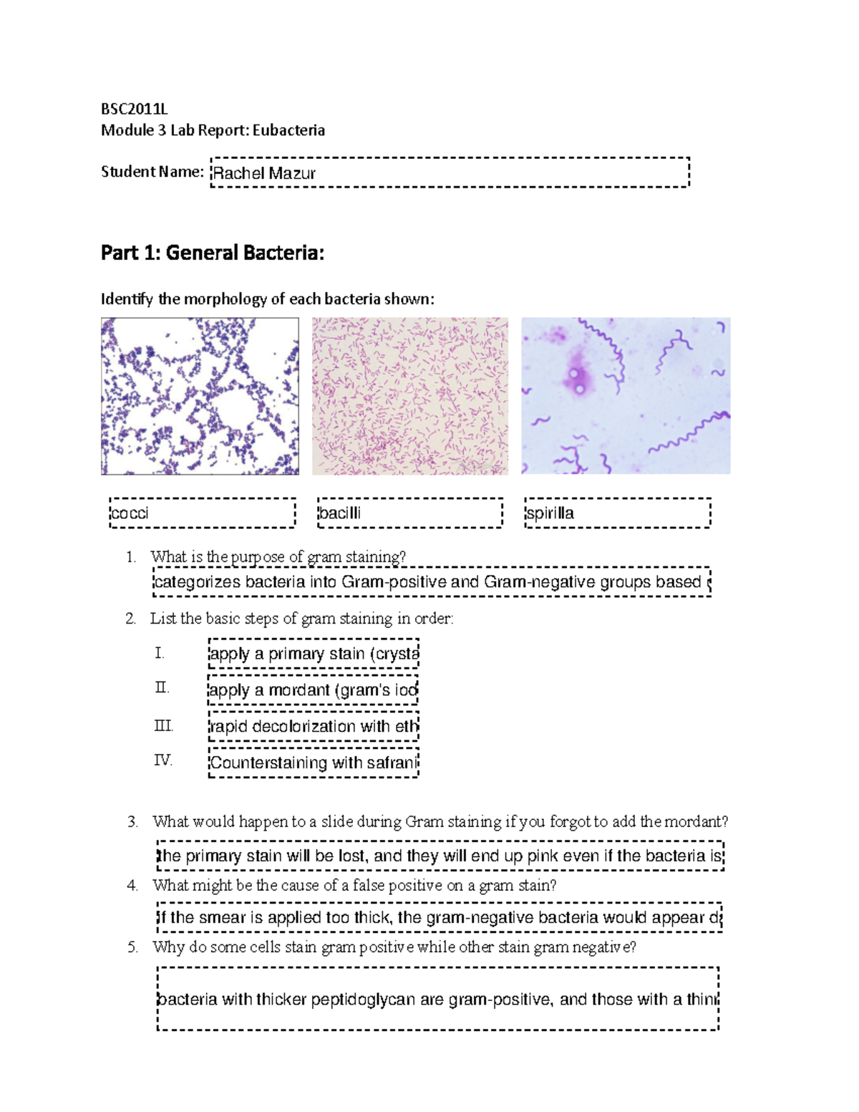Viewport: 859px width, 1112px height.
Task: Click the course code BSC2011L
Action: (134, 109)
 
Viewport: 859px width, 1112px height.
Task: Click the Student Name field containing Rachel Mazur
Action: (450, 173)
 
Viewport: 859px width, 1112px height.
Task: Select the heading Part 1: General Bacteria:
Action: (213, 253)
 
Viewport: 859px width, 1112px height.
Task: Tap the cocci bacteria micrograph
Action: (200, 396)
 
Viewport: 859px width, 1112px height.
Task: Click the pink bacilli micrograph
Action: (410, 396)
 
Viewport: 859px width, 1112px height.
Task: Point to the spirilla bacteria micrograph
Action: (626, 396)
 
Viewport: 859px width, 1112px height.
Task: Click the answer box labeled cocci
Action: (203, 513)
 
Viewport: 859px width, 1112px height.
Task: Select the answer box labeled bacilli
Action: (410, 513)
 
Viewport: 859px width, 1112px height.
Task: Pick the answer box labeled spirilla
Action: (618, 513)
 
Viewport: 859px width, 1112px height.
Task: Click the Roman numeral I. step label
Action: (160, 653)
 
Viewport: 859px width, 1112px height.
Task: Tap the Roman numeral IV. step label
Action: (163, 760)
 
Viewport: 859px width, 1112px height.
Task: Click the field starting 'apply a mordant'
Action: (313, 690)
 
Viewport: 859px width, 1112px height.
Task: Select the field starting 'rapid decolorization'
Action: (313, 726)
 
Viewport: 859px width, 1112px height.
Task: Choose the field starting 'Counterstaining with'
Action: (313, 763)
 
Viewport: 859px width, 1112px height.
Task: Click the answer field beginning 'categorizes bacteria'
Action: (432, 581)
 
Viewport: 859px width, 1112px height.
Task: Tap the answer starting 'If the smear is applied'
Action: (440, 917)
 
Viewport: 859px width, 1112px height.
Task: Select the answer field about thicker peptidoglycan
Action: (437, 999)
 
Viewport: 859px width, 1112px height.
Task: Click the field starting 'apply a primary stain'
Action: (313, 654)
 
